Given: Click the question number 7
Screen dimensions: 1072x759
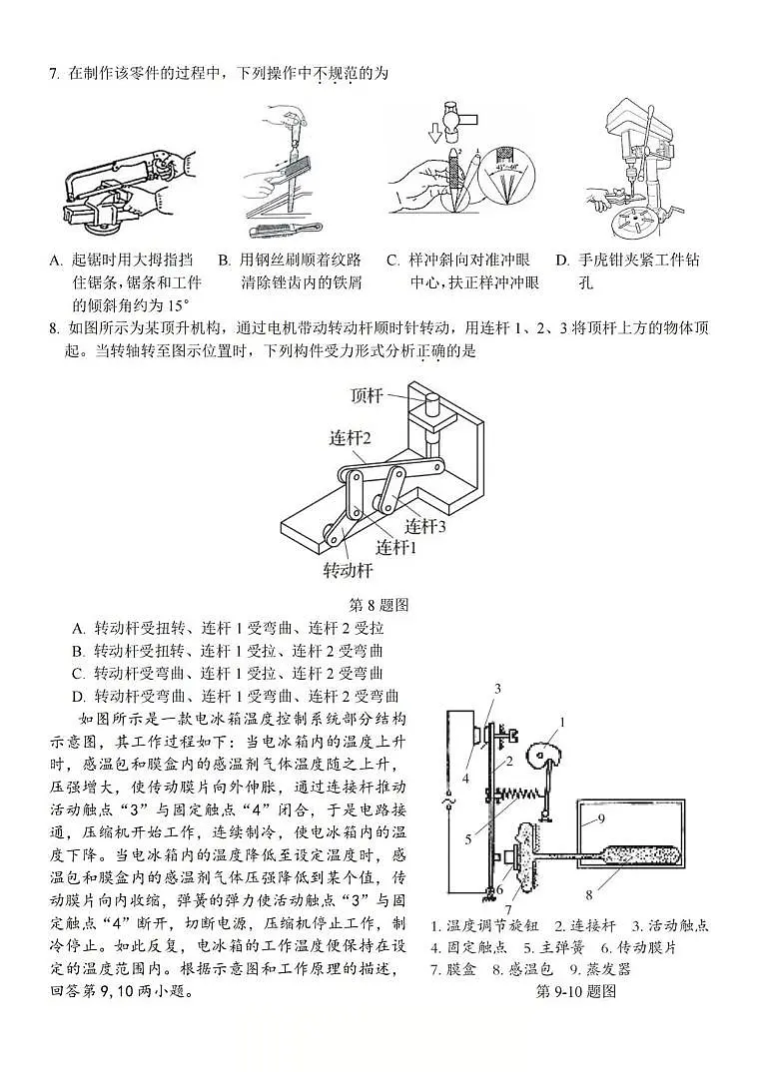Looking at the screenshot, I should tap(53, 73).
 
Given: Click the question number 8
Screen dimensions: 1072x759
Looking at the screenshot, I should tap(53, 328).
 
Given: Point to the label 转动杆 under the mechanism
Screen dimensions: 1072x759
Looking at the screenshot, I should tap(347, 571).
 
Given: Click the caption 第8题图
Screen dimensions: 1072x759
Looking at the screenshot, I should tap(379, 605).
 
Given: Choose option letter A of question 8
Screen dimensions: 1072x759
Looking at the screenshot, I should tap(78, 629).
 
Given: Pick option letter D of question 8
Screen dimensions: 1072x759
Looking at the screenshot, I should tap(78, 697).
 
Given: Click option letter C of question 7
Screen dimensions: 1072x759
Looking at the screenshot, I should tap(393, 261).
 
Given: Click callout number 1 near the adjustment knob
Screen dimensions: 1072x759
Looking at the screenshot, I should tap(562, 722).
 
